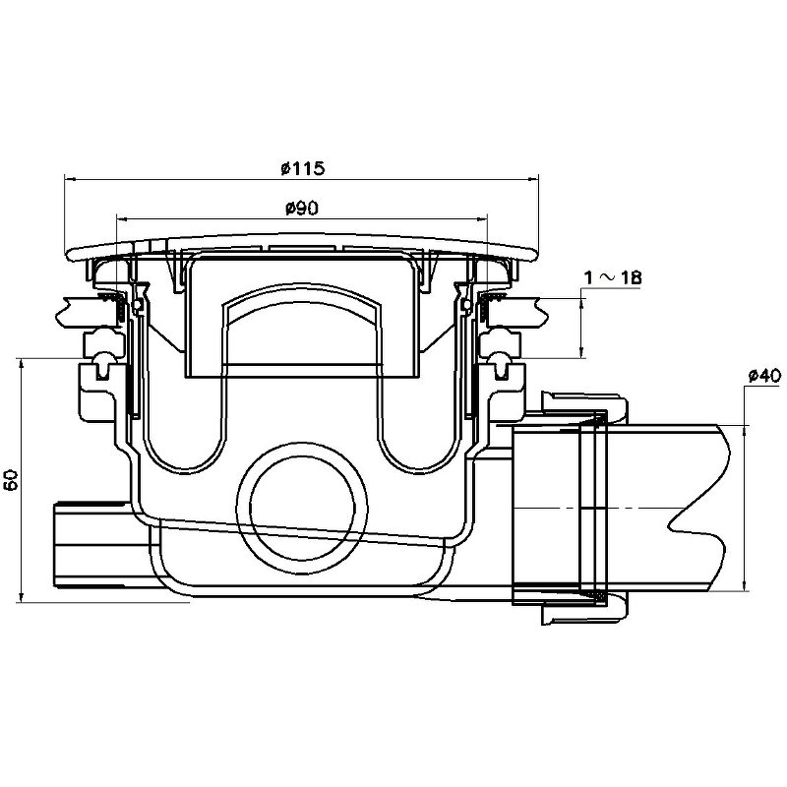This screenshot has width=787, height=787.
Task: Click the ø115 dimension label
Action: pyautogui.click(x=303, y=168)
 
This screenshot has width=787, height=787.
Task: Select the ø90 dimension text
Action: pyautogui.click(x=302, y=208)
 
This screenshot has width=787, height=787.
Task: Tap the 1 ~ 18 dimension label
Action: pyautogui.click(x=613, y=277)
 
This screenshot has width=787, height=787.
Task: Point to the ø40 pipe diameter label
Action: pyautogui.click(x=764, y=376)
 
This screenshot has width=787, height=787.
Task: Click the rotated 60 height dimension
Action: pyautogui.click(x=11, y=479)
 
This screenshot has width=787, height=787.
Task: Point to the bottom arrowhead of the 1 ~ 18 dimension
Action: pyautogui.click(x=581, y=353)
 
